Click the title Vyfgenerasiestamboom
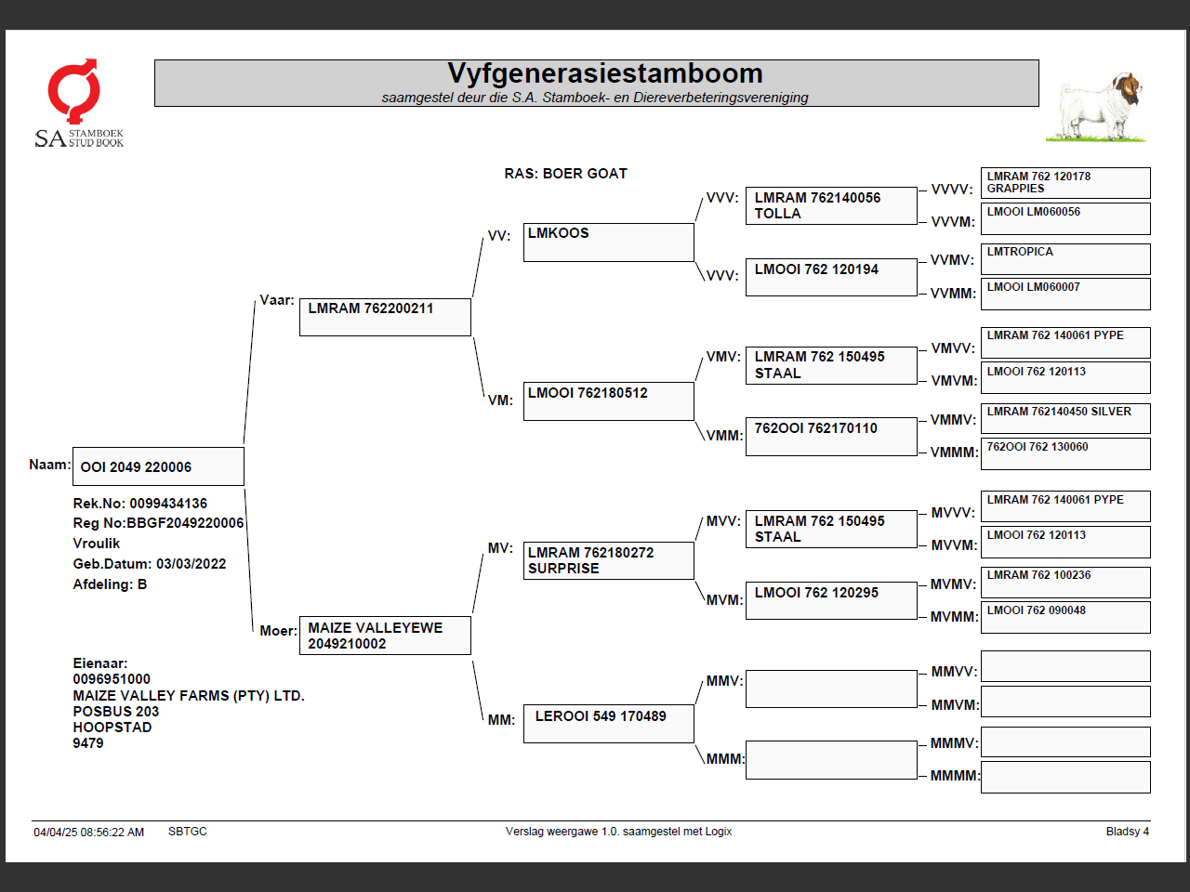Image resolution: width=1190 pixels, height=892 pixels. coord(604,73)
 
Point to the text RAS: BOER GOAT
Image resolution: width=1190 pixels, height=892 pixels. coord(565,174)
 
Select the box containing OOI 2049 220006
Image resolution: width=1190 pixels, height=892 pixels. coord(158,466)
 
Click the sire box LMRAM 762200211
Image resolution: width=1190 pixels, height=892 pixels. coord(385,317)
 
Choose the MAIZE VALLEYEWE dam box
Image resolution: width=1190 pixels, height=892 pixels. coord(385,636)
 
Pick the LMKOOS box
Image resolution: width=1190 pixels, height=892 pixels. coord(608,242)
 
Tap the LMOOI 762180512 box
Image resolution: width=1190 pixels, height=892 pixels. coord(608,401)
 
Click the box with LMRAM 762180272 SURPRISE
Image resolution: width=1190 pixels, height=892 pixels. coord(608,560)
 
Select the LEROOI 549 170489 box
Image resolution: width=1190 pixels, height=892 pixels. coord(608,723)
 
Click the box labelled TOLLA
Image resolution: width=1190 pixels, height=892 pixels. coord(830,205)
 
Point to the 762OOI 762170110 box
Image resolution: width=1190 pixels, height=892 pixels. coord(830,436)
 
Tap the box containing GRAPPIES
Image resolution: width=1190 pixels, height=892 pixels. coord(1065,182)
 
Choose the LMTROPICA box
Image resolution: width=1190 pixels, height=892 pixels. coord(1065,258)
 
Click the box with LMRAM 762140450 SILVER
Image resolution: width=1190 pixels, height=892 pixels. coord(1065,418)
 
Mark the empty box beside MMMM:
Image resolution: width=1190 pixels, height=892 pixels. coord(1065,777)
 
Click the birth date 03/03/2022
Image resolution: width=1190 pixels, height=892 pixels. coord(191,564)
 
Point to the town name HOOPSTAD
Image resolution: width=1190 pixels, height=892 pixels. coord(112,728)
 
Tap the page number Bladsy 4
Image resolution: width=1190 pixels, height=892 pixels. coord(1127,832)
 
